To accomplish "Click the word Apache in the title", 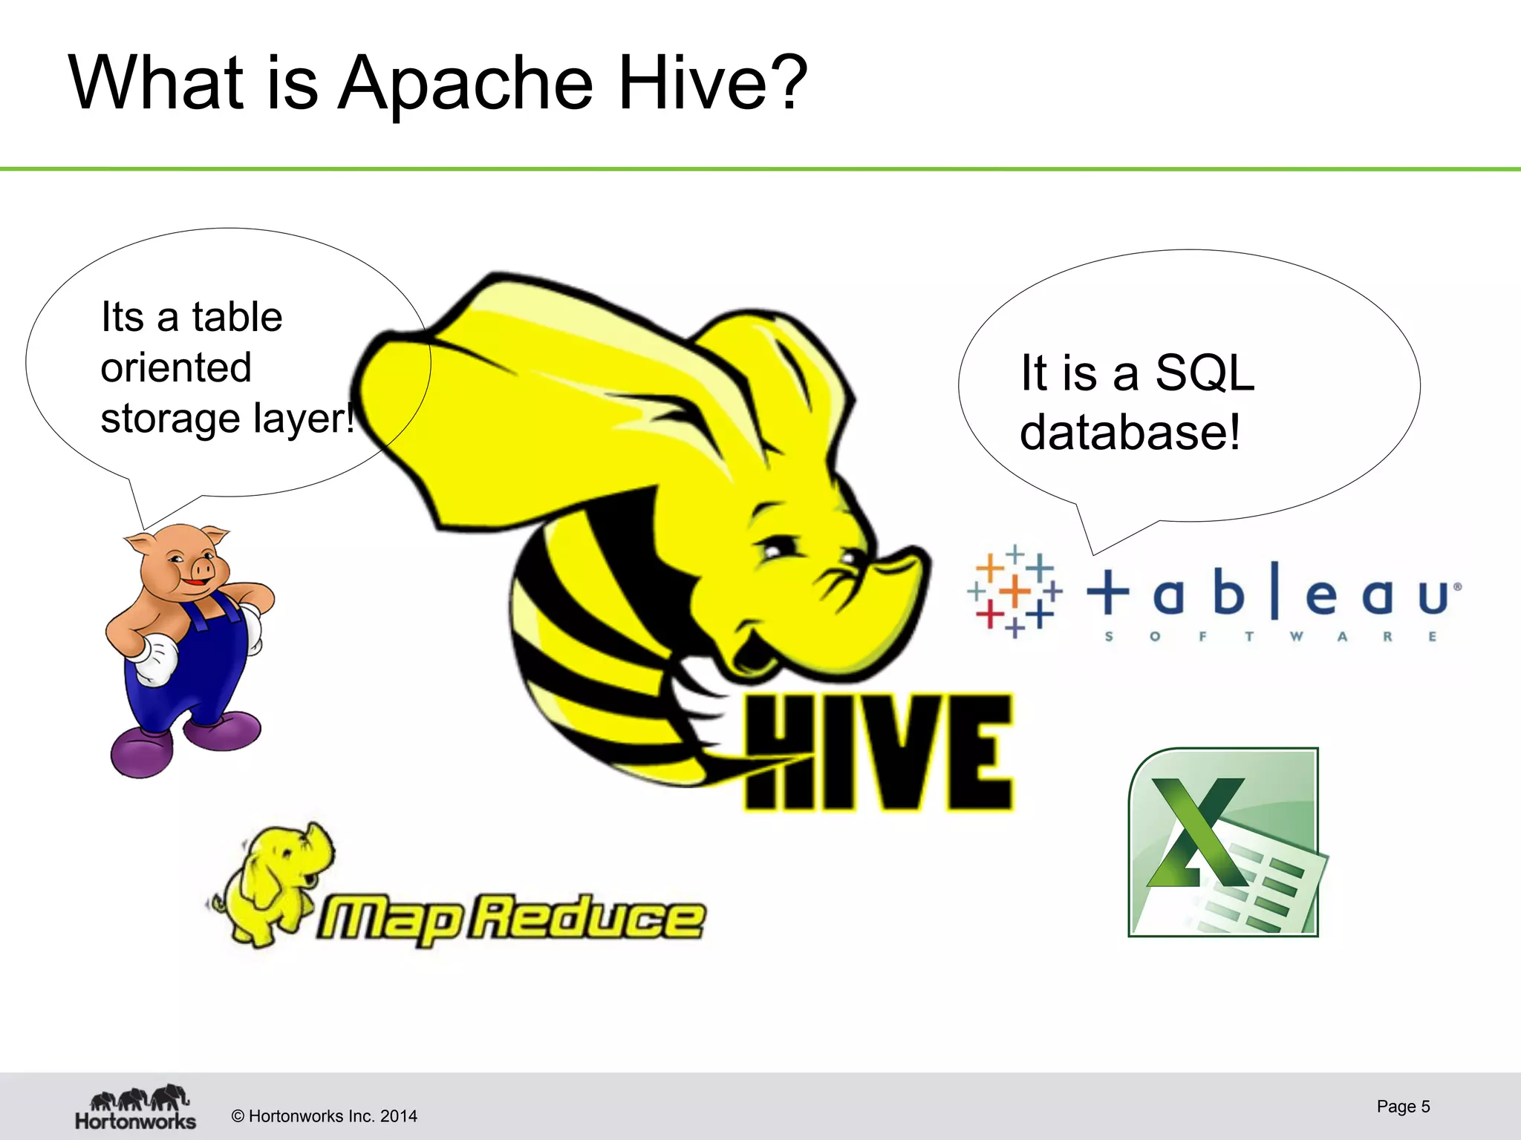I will coord(466,83).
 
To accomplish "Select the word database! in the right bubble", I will coord(1130,432).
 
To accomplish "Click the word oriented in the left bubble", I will coord(176,367).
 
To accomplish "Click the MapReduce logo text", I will coord(511,919).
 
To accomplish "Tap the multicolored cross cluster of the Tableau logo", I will coord(1014,592).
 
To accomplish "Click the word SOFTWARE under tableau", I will coord(1271,637).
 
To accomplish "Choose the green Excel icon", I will coord(1224,842).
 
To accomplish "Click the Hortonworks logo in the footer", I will coord(135,1107).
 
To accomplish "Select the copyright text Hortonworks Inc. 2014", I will coord(325,1116).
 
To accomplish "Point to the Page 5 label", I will coord(1403,1107).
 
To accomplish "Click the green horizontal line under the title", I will coord(760,169).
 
